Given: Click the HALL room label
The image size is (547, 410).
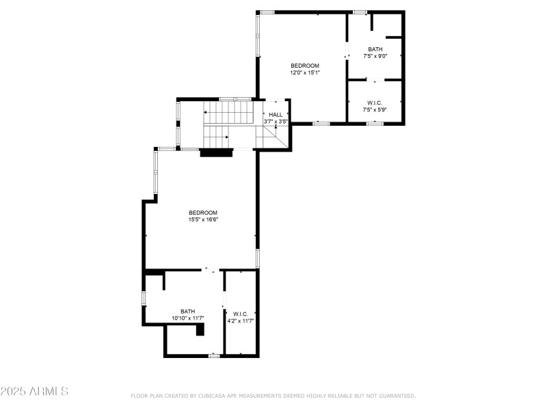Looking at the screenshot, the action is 276,115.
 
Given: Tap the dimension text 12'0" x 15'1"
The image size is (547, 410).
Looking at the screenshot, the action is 305,72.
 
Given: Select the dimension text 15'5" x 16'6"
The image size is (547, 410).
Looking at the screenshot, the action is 203,219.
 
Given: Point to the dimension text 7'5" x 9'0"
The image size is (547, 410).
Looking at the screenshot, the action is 375,56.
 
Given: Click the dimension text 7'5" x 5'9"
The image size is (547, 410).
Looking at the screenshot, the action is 375,109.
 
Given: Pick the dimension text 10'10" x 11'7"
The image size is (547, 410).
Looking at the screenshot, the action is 187,318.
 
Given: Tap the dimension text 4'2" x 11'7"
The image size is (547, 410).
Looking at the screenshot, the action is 241,320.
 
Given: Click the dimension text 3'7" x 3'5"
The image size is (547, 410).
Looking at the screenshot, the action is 276,122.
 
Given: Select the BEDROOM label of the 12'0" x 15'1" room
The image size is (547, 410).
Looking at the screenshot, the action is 305,66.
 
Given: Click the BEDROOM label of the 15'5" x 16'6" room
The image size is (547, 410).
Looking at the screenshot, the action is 203,213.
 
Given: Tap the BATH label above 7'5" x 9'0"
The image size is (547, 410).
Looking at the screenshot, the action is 375,49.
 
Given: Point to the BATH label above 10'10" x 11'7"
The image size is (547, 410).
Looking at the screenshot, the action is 187,312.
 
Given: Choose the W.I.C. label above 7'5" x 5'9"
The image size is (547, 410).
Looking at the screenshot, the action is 375,103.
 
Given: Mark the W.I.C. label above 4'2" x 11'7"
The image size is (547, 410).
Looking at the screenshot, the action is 241,314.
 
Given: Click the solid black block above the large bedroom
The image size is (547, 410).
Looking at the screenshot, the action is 216,152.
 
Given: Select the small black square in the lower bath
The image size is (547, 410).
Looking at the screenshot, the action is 200,329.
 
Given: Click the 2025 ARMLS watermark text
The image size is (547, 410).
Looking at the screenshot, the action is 34,391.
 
